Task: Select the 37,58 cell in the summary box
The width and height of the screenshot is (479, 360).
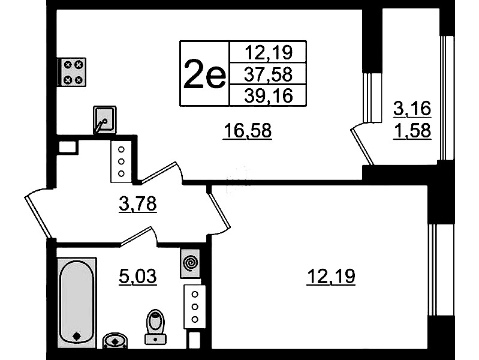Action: click(x=268, y=74)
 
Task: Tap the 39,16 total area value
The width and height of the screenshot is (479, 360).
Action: click(x=268, y=95)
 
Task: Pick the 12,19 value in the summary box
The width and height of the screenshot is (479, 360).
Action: click(x=268, y=52)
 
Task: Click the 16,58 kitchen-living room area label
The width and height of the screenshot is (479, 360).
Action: click(x=248, y=131)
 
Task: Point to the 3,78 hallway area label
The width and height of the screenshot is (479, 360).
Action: click(x=138, y=203)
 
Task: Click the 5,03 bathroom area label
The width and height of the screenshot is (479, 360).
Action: click(x=138, y=277)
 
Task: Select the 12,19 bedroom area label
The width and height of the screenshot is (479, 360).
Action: click(x=331, y=276)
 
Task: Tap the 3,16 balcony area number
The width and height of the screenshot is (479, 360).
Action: click(x=412, y=108)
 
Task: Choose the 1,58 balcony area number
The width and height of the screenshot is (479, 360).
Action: click(x=412, y=131)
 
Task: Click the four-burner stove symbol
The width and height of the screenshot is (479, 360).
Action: click(x=73, y=72)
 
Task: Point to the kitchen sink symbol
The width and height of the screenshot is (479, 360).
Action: click(x=104, y=120)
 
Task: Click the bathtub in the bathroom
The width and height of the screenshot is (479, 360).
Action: click(x=77, y=302)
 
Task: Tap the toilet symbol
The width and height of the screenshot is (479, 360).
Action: click(x=155, y=326)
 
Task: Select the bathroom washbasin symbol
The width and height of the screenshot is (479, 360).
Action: click(x=115, y=340)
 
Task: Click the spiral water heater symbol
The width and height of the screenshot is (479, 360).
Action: click(x=190, y=263)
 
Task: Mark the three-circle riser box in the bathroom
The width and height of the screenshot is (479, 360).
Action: click(x=195, y=307)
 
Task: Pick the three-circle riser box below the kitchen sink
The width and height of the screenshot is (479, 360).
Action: click(x=121, y=162)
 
